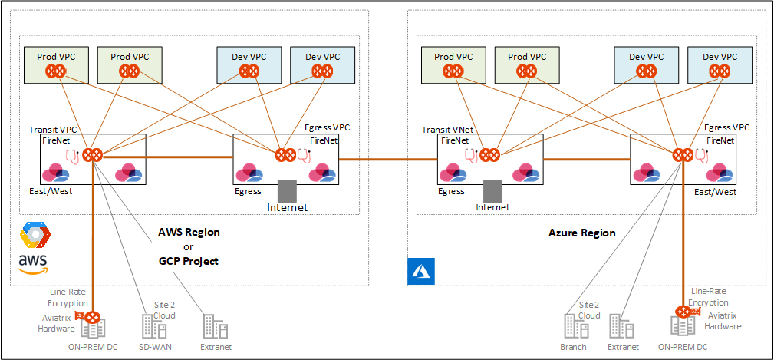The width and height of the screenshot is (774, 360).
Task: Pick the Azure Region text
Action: [x=582, y=232]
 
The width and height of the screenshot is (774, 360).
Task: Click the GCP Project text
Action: [x=188, y=261]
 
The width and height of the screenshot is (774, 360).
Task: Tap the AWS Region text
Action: [x=189, y=231]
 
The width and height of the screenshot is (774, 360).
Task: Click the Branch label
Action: [x=573, y=347]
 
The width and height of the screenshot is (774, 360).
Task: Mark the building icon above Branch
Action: [x=573, y=327]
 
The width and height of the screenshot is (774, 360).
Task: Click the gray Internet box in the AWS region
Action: [x=287, y=191]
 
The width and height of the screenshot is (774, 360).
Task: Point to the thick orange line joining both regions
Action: [x=388, y=159]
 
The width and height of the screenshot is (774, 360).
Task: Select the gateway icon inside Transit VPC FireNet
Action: [x=94, y=154]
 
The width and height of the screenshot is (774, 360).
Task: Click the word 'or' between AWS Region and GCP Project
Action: [x=188, y=246]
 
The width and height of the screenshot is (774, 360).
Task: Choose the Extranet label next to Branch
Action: [x=622, y=347]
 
